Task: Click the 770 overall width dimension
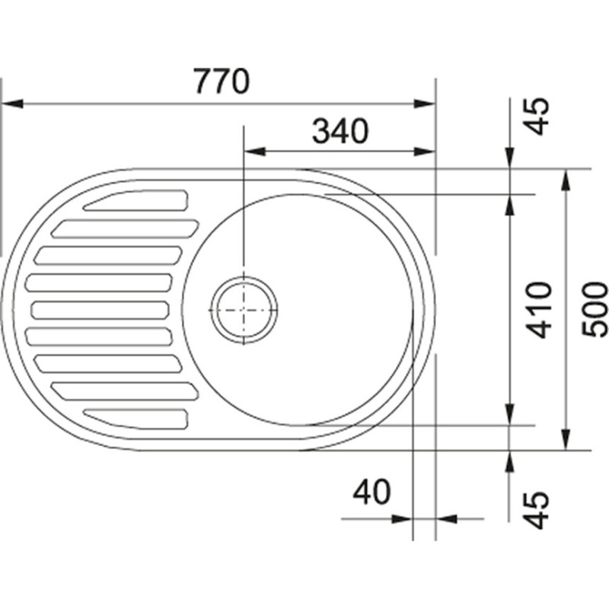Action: [222, 81]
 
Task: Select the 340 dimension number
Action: [340, 131]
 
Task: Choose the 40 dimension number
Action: [371, 491]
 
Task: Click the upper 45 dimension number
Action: [537, 116]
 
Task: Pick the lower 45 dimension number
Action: [537, 510]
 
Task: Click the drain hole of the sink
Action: [244, 310]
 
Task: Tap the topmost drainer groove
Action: [136, 200]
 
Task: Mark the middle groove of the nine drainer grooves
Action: [100, 310]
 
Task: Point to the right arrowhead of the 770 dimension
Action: [425, 104]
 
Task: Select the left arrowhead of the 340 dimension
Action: [254, 151]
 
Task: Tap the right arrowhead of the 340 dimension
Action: [425, 151]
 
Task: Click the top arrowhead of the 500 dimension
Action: [566, 180]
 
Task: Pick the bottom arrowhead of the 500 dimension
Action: [566, 440]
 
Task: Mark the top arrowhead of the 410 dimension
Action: [509, 205]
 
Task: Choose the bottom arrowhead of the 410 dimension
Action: [509, 414]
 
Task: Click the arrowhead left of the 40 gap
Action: [402, 518]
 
